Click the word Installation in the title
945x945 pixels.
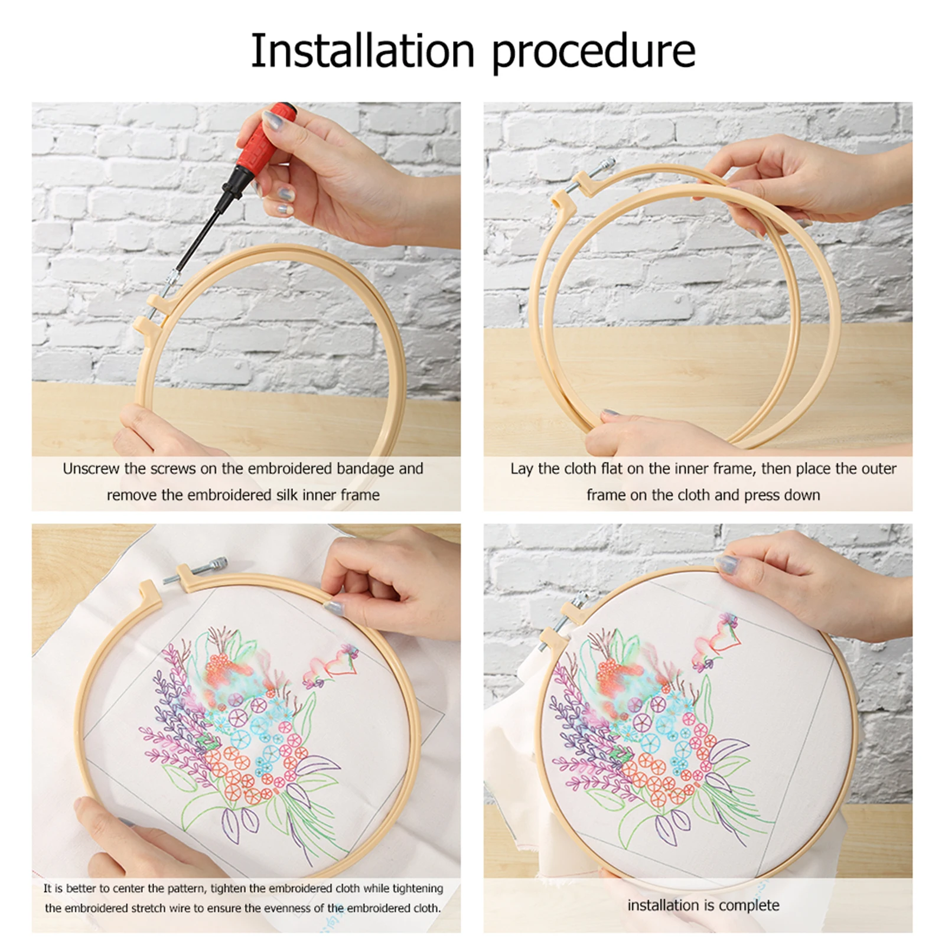tap(363, 51)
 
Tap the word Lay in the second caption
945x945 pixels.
tap(522, 470)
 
